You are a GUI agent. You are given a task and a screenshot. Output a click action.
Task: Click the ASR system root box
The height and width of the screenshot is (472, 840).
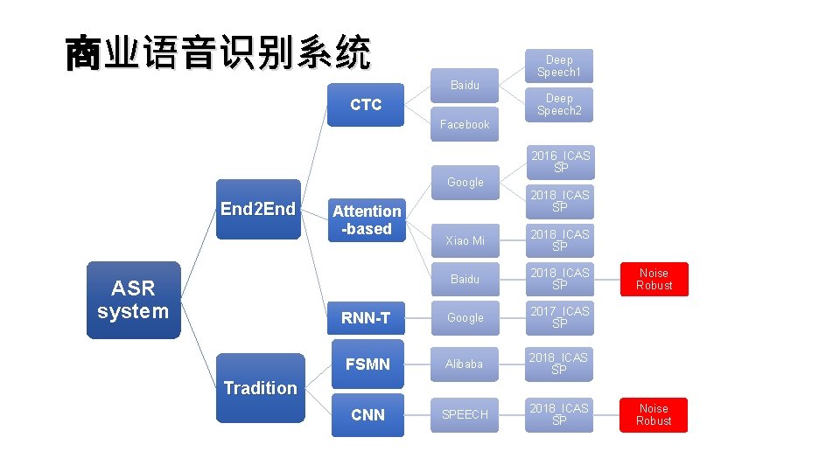[x=133, y=300]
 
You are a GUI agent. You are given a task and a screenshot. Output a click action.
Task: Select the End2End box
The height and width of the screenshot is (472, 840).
[x=258, y=209]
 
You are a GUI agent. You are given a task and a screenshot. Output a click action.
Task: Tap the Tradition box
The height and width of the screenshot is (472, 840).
[x=260, y=388]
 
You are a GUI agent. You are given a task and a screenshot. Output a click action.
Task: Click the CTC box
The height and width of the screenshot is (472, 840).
[x=366, y=105]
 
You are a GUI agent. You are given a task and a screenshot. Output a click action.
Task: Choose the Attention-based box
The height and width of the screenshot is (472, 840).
[x=367, y=219]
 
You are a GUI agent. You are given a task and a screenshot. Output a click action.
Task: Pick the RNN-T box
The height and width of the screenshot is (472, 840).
[x=367, y=318]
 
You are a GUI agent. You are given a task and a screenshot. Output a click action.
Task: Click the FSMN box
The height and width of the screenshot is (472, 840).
[x=367, y=364]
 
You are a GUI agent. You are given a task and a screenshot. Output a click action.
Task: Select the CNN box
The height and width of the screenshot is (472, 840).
[x=367, y=414]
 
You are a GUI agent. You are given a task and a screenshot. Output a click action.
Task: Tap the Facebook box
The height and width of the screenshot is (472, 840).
[x=465, y=125]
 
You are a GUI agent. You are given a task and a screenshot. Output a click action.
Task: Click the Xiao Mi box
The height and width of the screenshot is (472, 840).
[x=465, y=240]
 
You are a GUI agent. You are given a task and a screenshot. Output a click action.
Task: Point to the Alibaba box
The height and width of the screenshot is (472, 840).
[x=465, y=364]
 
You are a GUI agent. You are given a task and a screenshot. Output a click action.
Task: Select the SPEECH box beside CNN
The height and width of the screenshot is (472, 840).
[x=465, y=414]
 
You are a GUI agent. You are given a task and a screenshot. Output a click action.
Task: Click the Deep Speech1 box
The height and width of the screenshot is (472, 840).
[x=559, y=66]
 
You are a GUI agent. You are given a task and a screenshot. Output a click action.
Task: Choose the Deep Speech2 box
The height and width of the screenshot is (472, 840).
[x=559, y=105]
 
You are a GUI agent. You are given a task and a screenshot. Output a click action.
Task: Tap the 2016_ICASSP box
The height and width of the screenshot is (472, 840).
[x=559, y=162]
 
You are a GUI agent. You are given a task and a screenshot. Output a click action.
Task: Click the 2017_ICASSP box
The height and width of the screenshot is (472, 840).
[x=559, y=317]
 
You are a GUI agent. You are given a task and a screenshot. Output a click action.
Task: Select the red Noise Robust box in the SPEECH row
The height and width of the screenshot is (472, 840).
[x=654, y=414]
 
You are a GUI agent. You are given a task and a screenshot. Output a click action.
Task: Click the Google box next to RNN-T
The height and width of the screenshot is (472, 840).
[x=465, y=318]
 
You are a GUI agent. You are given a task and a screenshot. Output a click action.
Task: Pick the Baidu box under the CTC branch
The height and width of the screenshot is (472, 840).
[x=465, y=86]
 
